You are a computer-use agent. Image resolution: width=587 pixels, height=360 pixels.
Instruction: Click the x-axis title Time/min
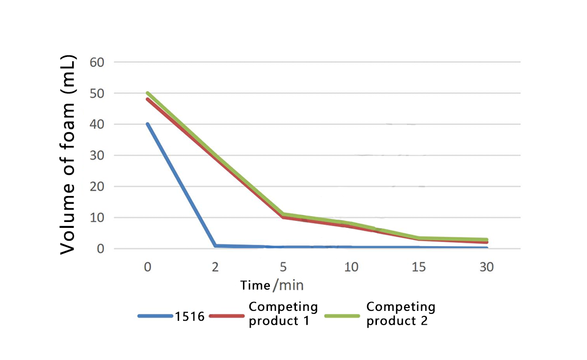(x=272, y=285)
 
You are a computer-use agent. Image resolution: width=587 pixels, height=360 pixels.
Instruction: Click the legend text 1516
(x=189, y=317)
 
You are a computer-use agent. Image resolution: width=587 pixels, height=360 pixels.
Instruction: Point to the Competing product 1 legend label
(x=283, y=314)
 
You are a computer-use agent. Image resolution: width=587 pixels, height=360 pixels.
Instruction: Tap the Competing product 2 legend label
(x=400, y=314)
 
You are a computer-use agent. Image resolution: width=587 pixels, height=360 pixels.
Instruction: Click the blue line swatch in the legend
(x=156, y=316)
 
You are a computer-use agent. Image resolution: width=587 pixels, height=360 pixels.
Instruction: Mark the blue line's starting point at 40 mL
(x=147, y=124)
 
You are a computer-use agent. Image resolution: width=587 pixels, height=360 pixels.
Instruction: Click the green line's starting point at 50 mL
(x=147, y=93)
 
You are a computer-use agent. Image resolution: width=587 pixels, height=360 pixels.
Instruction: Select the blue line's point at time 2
(x=215, y=246)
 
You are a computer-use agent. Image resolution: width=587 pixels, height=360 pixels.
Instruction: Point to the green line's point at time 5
(x=283, y=214)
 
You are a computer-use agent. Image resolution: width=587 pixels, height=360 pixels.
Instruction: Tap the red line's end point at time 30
(x=486, y=243)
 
